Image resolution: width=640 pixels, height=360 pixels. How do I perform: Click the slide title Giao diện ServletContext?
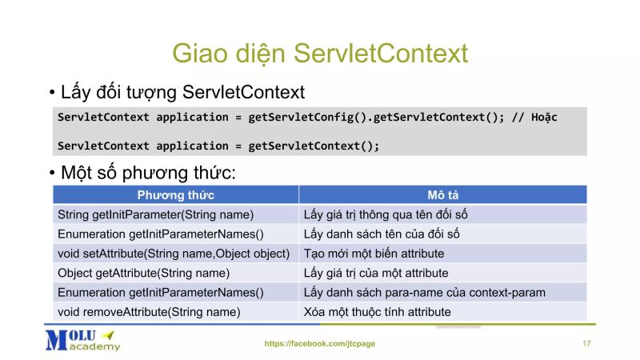click(x=320, y=54)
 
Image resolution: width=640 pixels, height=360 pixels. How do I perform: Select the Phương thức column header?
click(x=175, y=195)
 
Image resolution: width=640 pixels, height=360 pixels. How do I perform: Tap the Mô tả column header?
click(x=442, y=195)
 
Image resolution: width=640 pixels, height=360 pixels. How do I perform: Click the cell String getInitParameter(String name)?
click(x=155, y=214)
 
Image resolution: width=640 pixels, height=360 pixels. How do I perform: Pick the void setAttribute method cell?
click(x=173, y=254)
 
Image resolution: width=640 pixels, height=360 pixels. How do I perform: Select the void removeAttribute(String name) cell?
click(x=149, y=312)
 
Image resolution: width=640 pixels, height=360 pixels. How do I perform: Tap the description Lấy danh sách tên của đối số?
click(x=381, y=234)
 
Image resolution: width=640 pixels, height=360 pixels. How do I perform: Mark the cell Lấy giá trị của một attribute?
click(x=375, y=273)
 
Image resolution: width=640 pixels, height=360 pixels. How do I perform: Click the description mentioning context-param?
click(x=424, y=293)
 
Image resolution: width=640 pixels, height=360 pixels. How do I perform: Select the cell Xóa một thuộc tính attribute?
click(x=377, y=312)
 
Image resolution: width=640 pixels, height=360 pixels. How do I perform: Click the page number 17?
click(x=586, y=343)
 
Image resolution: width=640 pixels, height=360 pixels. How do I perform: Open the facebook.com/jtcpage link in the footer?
click(x=319, y=343)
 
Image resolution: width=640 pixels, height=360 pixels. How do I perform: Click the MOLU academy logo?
click(x=82, y=339)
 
